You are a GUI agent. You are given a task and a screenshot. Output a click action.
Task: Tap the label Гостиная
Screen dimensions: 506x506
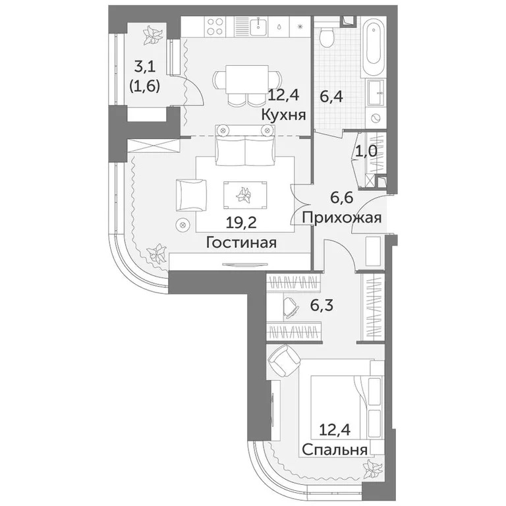(241, 242)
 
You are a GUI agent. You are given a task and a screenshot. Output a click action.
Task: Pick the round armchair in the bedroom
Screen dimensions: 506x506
(283, 362)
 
